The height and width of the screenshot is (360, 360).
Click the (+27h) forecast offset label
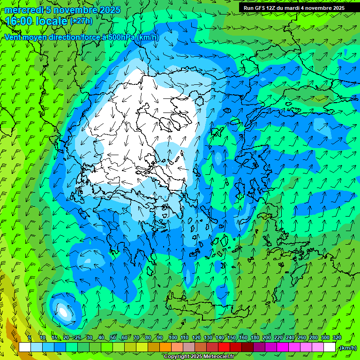pyautogui.click(x=81, y=21)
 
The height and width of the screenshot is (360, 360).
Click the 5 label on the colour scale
pyautogui.click(x=30, y=337)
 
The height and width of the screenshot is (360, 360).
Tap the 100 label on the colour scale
pyautogui.click(x=172, y=337)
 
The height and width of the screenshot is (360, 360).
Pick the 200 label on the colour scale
pyautogui.click(x=267, y=337)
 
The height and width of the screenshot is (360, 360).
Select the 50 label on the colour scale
pyautogui.click(x=113, y=337)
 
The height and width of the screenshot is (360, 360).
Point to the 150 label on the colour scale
pyautogui.click(x=232, y=337)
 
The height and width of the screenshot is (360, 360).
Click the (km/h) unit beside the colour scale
pyautogui.click(x=348, y=348)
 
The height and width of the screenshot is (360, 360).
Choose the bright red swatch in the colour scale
pyautogui.click(x=225, y=347)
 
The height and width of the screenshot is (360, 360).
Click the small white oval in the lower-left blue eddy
pyautogui.click(x=63, y=310)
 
